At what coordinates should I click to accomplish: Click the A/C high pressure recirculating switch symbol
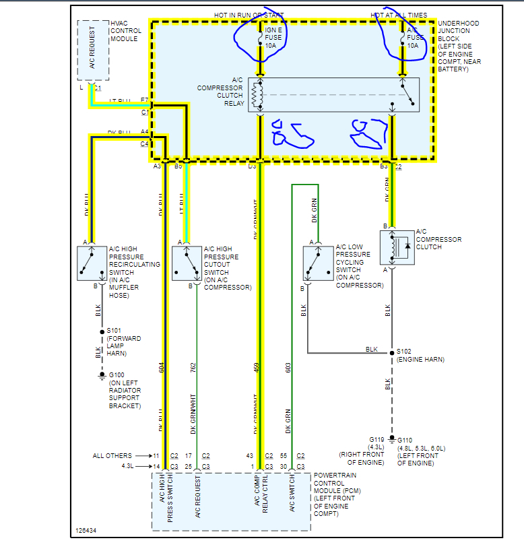pyautogui.click(x=91, y=263)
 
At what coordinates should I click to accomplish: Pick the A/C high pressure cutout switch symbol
pyautogui.click(x=187, y=263)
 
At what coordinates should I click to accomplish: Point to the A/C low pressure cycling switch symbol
pyautogui.click(x=317, y=263)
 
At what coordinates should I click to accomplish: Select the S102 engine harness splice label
pyautogui.click(x=405, y=351)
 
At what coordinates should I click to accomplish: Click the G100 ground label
pyautogui.click(x=116, y=375)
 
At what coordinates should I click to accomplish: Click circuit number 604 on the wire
pyautogui.click(x=162, y=367)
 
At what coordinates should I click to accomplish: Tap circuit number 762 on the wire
pyautogui.click(x=193, y=367)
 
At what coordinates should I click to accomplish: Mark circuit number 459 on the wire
pyautogui.click(x=257, y=367)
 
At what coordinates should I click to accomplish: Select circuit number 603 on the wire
pyautogui.click(x=288, y=367)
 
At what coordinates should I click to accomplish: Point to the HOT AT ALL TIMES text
pyautogui.click(x=398, y=14)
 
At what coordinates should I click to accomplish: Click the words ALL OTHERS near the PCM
pyautogui.click(x=112, y=455)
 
